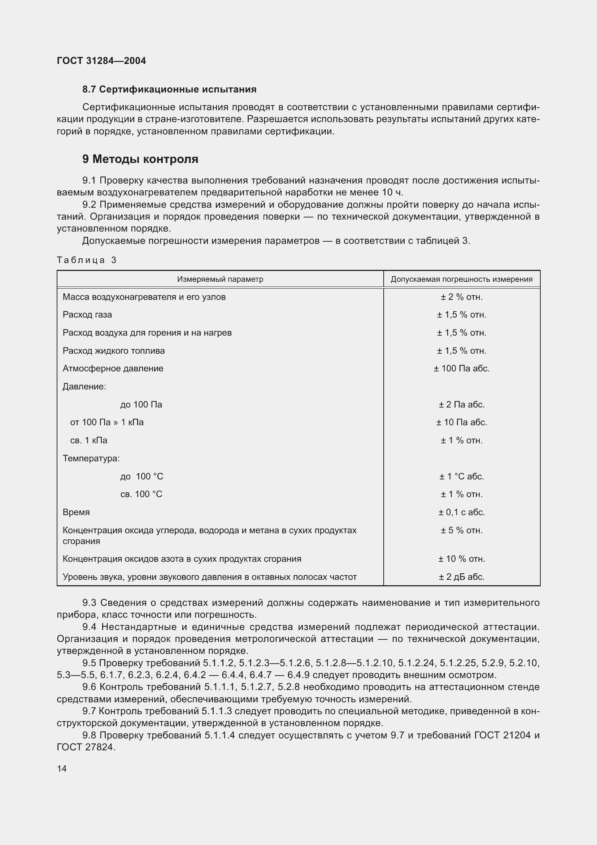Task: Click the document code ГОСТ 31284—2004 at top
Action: pyautogui.click(x=101, y=61)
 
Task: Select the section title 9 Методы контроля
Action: pyautogui.click(x=140, y=159)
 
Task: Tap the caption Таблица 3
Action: pyautogui.click(x=86, y=260)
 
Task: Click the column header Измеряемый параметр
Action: pyautogui.click(x=220, y=279)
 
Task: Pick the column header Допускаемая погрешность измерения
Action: pyautogui.click(x=461, y=279)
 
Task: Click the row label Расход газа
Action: pyautogui.click(x=87, y=315)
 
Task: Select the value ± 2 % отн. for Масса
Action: pyautogui.click(x=461, y=297)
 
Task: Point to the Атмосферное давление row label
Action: pyautogui.click(x=113, y=368)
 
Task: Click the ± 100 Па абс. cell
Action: pyautogui.click(x=461, y=368)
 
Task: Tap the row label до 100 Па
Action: pyautogui.click(x=141, y=405)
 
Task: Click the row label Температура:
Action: pyautogui.click(x=91, y=458)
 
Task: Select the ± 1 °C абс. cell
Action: pyautogui.click(x=461, y=477)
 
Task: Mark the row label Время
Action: pyautogui.click(x=76, y=512)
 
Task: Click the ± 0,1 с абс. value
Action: pyautogui.click(x=461, y=512)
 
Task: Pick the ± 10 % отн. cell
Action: pyautogui.click(x=461, y=559)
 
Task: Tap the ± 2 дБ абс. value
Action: pyautogui.click(x=461, y=577)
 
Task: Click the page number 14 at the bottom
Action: pyautogui.click(x=62, y=768)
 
